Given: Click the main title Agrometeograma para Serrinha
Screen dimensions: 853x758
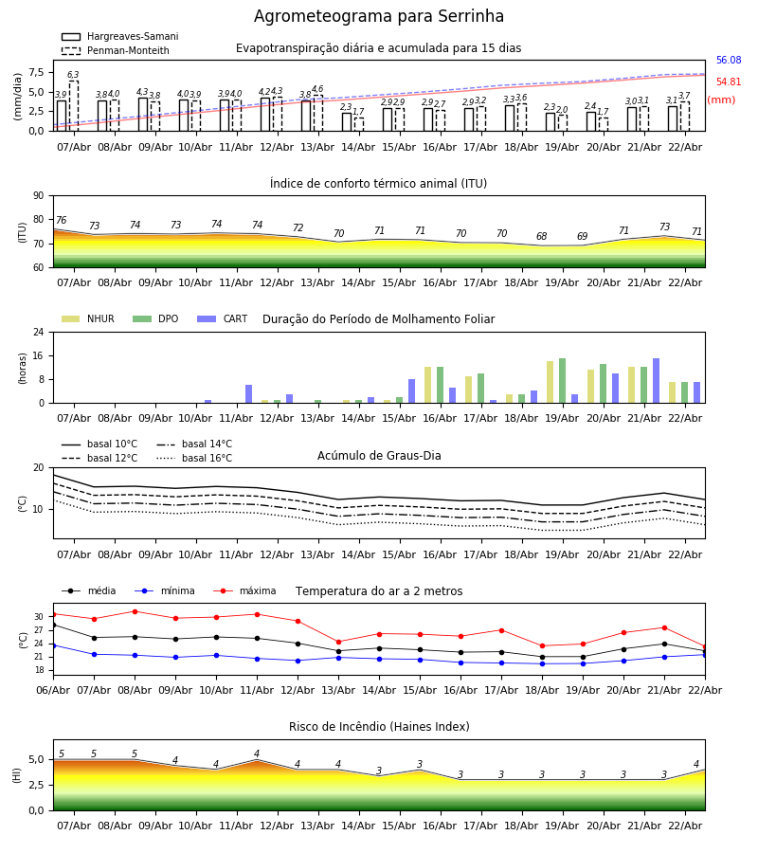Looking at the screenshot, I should point(379,17).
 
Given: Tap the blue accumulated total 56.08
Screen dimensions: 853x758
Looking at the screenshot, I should point(728,61).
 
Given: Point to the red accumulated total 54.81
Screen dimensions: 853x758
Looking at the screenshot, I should point(728,83).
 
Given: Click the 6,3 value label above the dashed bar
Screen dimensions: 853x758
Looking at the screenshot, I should point(73,75).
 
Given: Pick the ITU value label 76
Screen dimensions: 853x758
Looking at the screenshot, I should point(61,221).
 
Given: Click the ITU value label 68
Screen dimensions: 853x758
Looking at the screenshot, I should point(541,237).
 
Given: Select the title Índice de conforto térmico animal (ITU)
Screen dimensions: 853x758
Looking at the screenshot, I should point(378,184).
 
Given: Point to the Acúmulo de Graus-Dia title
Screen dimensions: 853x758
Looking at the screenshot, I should point(379,456).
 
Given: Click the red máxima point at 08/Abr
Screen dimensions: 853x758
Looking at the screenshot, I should point(135,611).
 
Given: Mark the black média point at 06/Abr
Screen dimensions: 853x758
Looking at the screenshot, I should point(53,625).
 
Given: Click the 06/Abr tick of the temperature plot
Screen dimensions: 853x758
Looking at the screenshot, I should point(53,689).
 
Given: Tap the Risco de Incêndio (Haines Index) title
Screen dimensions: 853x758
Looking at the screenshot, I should point(379,727).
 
